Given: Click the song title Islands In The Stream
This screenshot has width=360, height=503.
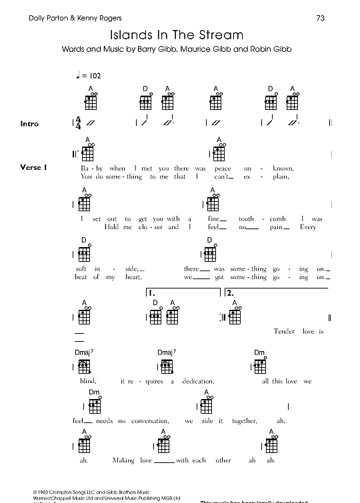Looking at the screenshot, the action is (x=177, y=34).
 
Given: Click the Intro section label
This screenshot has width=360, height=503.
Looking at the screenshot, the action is (x=30, y=124).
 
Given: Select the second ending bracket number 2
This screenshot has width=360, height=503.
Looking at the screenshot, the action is (x=230, y=292).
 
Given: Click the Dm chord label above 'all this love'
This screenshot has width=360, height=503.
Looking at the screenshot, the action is (x=259, y=352).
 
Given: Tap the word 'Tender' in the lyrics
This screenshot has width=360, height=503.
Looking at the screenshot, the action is (x=285, y=331).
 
